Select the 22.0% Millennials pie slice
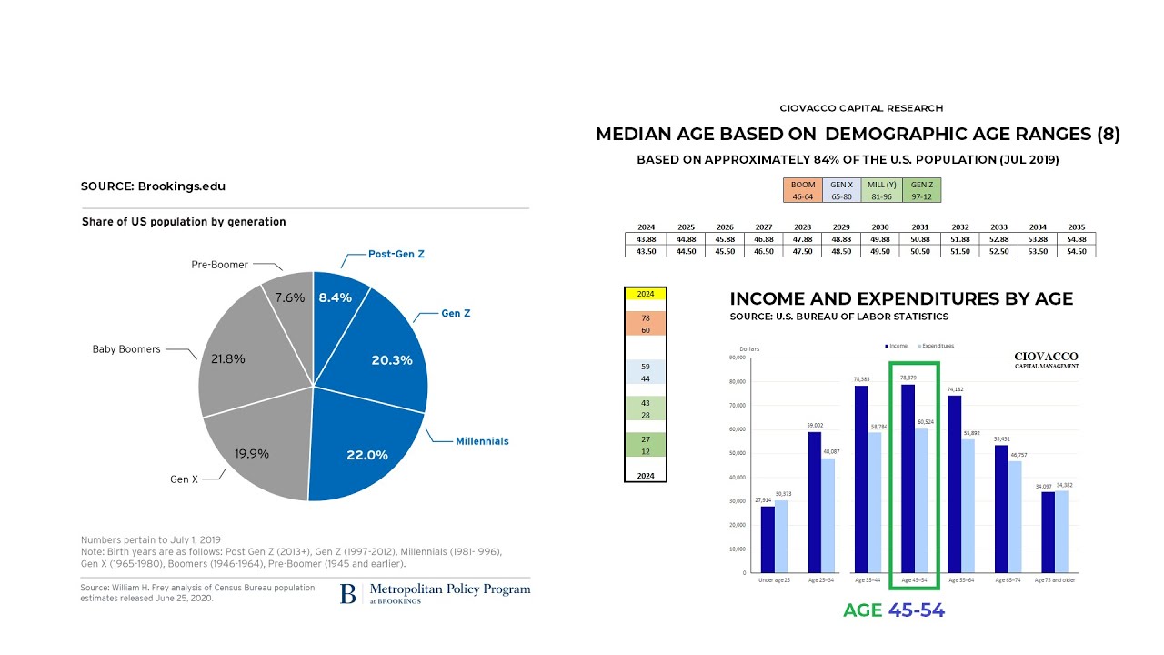pyautogui.click(x=364, y=446)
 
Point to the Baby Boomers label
pyautogui.click(x=126, y=349)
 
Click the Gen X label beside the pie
pyautogui.click(x=184, y=479)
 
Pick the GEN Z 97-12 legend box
pyautogui.click(x=922, y=190)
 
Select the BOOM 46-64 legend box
pyautogui.click(x=803, y=190)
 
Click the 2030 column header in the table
pyautogui.click(x=880, y=227)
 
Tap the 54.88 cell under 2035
pyautogui.click(x=1076, y=239)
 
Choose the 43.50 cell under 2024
pyautogui.click(x=647, y=251)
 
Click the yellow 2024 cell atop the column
pyautogui.click(x=646, y=294)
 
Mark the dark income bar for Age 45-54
pyautogui.click(x=908, y=478)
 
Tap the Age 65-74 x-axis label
pyautogui.click(x=1008, y=579)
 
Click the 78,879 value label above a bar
pyautogui.click(x=908, y=378)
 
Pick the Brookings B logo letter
pyautogui.click(x=348, y=594)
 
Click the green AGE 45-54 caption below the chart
pyautogui.click(x=894, y=610)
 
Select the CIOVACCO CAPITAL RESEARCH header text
pyautogui.click(x=861, y=108)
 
